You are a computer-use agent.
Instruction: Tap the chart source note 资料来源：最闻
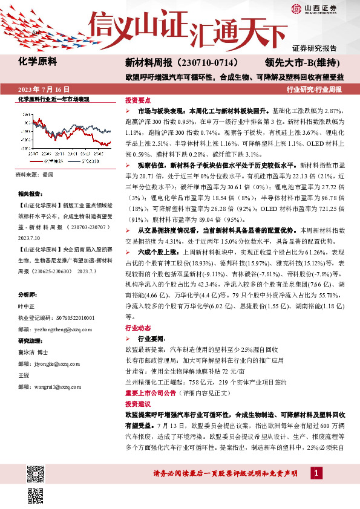pos(34,175)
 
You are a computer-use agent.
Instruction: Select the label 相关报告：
pos(30,193)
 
